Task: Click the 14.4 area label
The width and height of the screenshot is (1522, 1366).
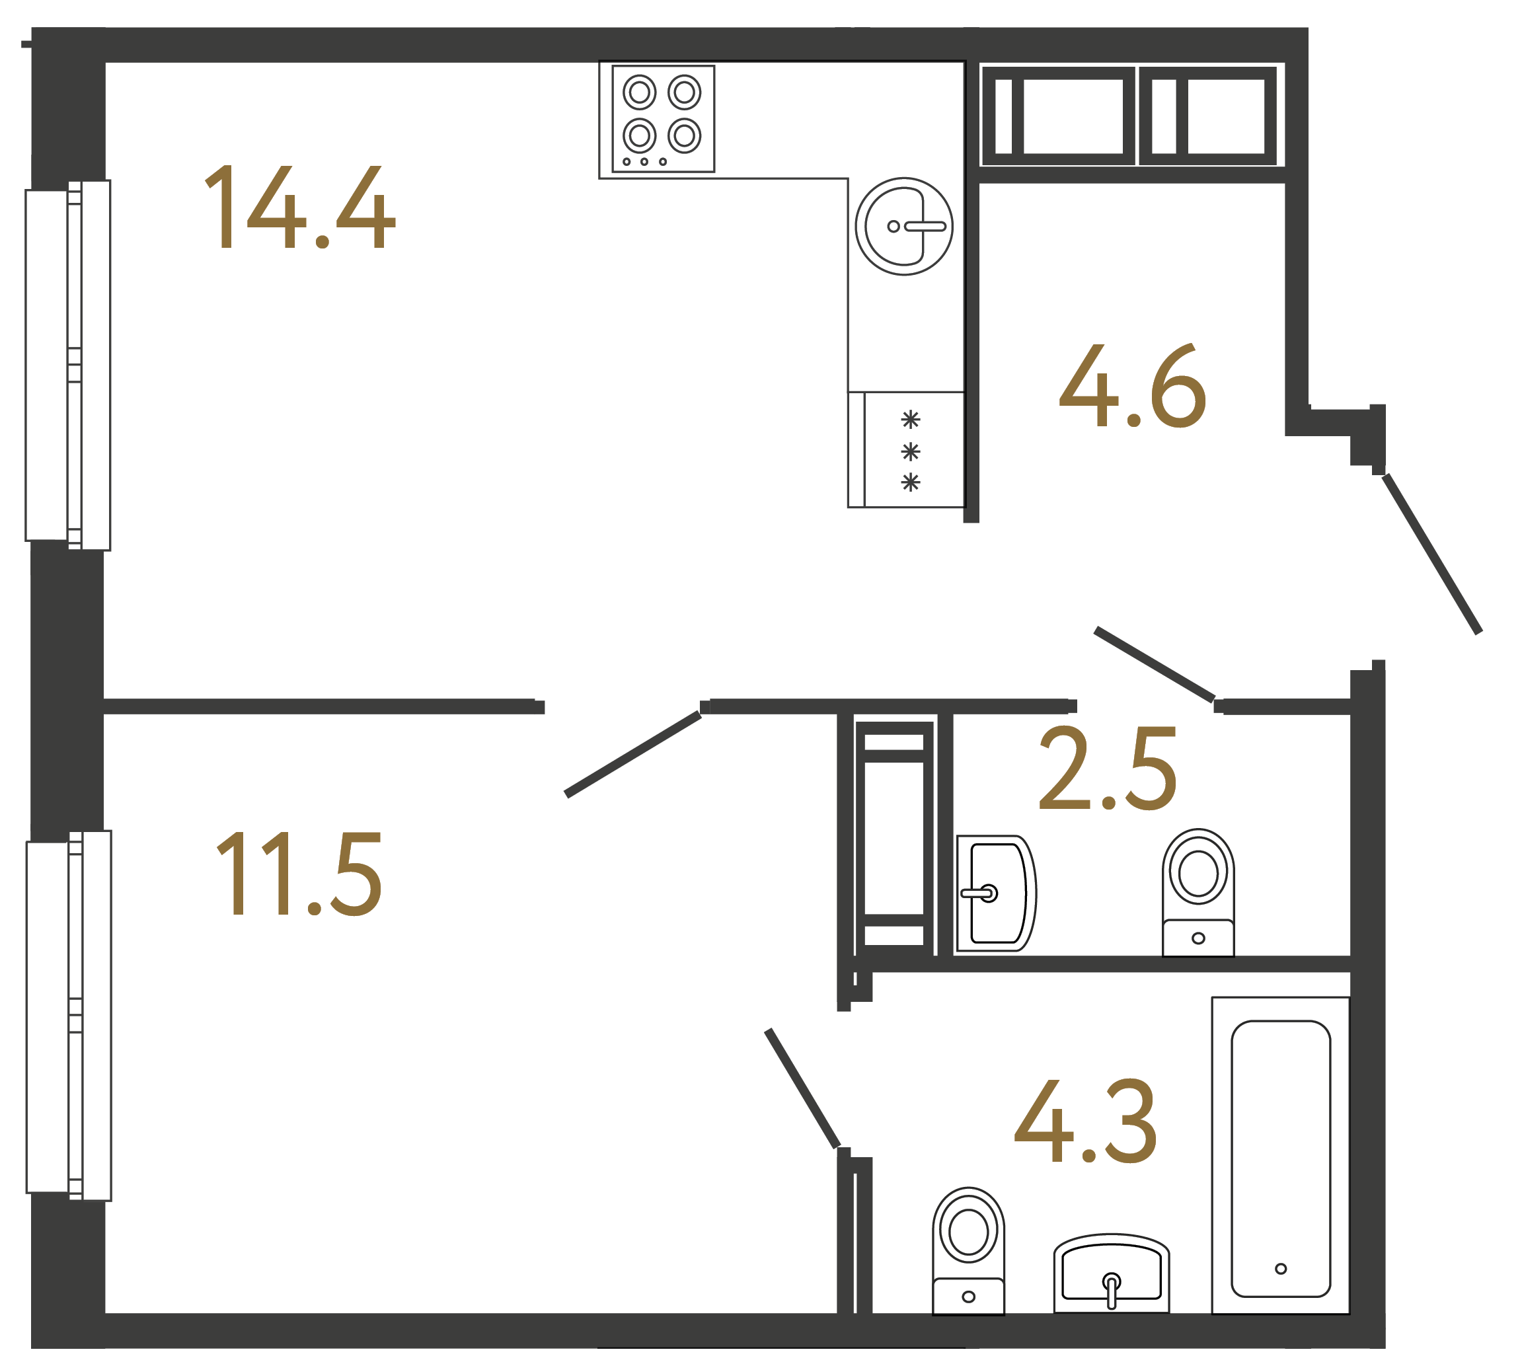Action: (x=299, y=207)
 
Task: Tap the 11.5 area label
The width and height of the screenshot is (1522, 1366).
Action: (x=299, y=874)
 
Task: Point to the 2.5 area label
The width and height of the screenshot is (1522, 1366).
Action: (x=1108, y=769)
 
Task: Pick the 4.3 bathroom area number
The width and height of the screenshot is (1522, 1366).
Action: (x=1085, y=1121)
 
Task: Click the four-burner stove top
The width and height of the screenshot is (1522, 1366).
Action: (x=663, y=118)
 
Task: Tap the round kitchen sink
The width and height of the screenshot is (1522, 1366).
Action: (x=903, y=226)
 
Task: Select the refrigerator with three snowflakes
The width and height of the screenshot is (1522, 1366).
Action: (x=906, y=449)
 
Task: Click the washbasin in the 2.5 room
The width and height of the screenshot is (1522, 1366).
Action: (x=995, y=893)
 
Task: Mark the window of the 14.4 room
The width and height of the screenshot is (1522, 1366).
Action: (x=68, y=365)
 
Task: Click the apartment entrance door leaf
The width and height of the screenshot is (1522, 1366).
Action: (x=1432, y=554)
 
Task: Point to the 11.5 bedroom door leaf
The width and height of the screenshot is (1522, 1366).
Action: (x=632, y=754)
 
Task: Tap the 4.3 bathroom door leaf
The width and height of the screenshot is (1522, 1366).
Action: (x=802, y=1088)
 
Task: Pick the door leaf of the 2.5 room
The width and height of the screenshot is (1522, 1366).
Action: (x=1155, y=664)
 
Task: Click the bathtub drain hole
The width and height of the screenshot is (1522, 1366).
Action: (x=1280, y=1268)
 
